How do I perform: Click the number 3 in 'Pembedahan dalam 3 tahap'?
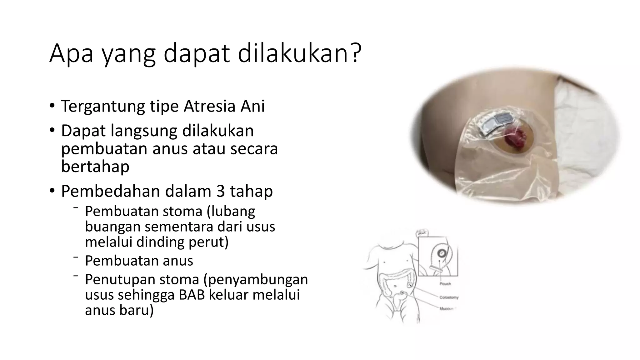[221, 191]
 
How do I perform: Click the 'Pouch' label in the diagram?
[445, 284]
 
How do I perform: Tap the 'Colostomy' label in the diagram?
[449, 297]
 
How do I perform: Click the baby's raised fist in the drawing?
[422, 233]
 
